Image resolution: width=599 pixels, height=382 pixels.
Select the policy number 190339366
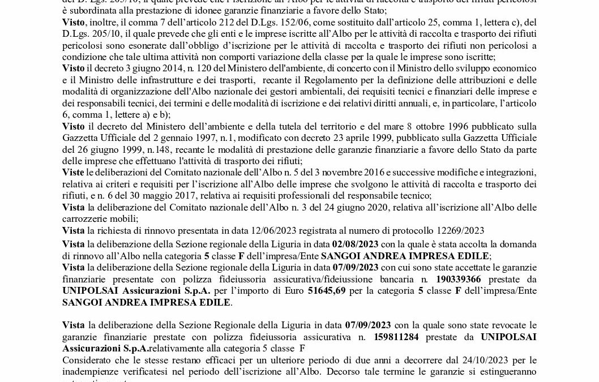460,279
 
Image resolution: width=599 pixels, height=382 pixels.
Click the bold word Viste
73,171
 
